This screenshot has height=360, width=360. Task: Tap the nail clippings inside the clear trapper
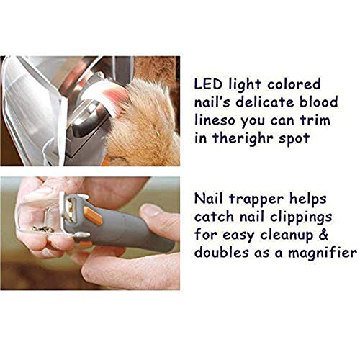pyautogui.click(x=43, y=230)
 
